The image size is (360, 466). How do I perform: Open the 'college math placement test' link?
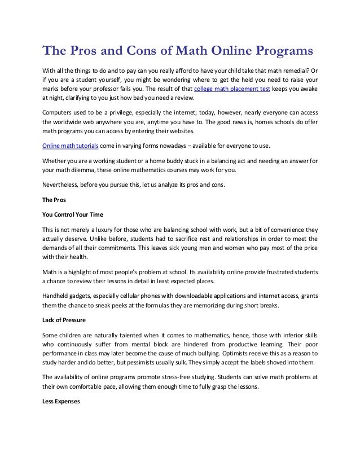point(232,89)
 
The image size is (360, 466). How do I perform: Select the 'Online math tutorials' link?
point(71,146)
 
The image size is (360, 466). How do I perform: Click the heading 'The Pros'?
point(54,199)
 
